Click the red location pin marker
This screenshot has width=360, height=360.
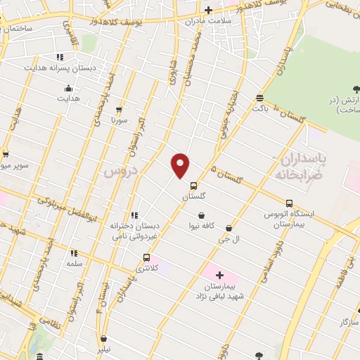click(181, 165)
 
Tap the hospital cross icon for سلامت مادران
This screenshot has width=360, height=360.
click(208, 10)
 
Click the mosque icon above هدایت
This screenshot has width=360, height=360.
click(68, 89)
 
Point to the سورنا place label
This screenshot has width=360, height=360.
click(117, 120)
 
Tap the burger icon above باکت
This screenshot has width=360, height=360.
click(260, 98)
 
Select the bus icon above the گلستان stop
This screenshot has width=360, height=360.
click(194, 186)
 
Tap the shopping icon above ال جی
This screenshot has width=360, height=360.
click(229, 228)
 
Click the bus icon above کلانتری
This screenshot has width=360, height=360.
click(146, 257)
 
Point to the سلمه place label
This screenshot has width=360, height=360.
click(74, 263)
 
